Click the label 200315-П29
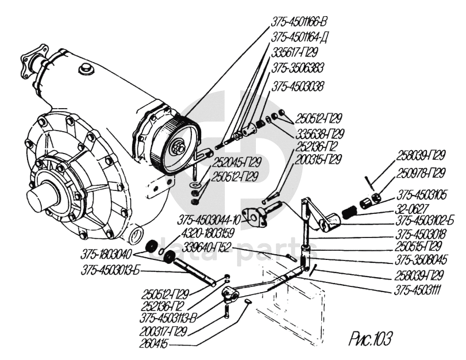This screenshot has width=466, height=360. click(x=319, y=158)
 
